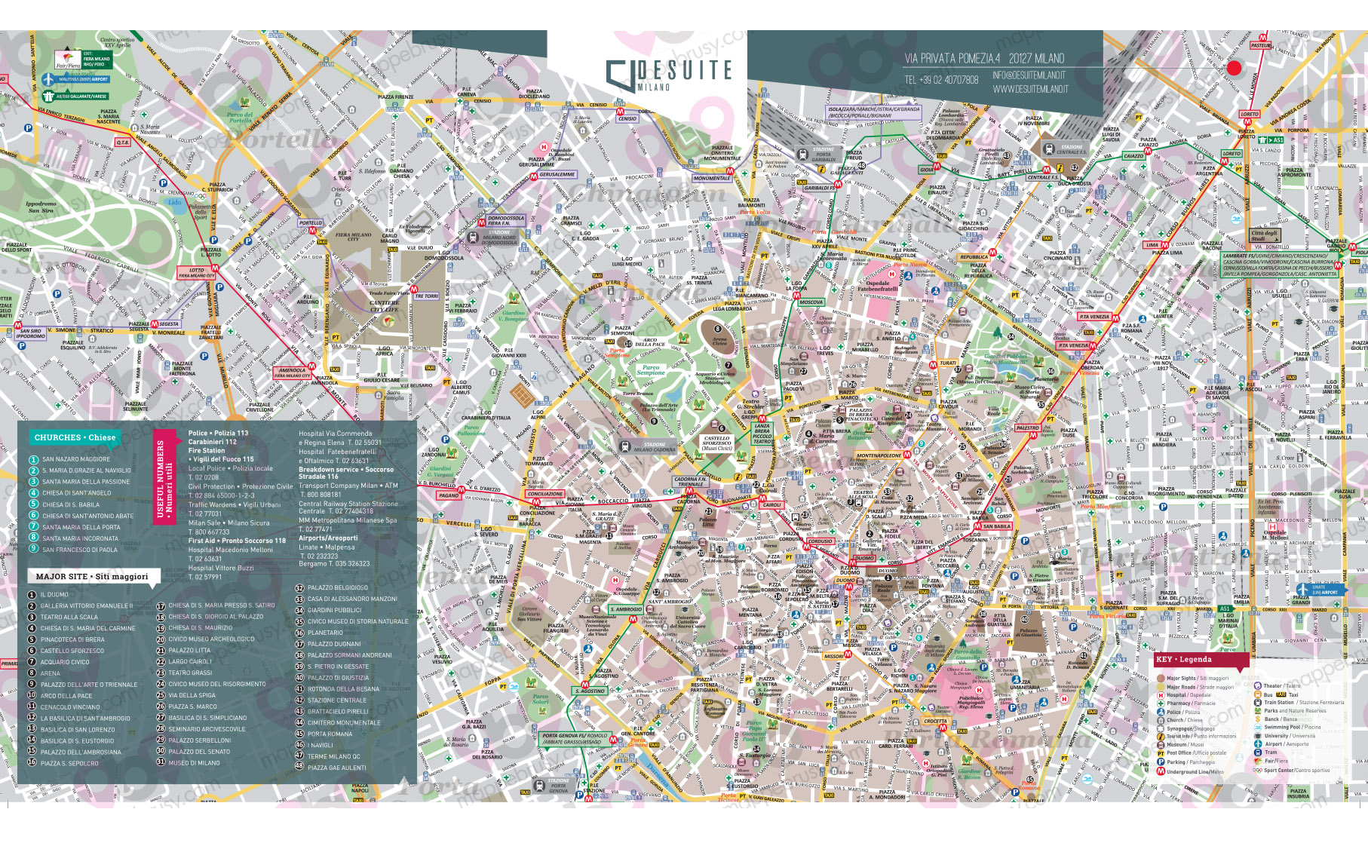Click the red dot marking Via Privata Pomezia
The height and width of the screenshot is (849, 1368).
1234,68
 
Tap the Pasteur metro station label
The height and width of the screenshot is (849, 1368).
1260,45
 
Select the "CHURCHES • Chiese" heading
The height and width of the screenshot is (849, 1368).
75,437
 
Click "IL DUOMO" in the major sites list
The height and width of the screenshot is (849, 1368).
54,595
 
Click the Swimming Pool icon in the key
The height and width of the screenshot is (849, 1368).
1258,727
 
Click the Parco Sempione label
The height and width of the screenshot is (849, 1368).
651,370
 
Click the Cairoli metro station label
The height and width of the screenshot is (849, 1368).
771,504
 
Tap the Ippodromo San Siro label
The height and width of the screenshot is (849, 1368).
41,207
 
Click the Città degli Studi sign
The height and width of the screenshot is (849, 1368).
1263,235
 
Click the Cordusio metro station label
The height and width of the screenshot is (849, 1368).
820,541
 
